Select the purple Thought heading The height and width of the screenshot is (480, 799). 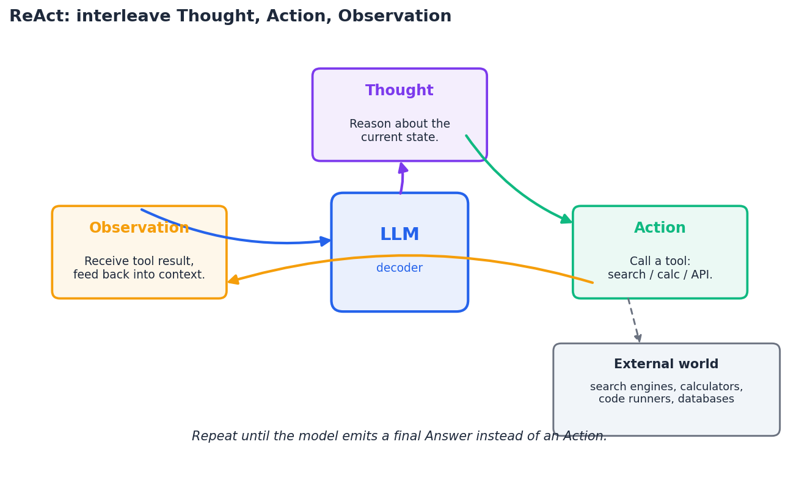click(399, 91)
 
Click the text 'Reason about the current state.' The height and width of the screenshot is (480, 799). click(399, 131)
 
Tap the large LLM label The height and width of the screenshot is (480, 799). click(399, 235)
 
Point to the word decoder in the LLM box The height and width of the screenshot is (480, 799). click(399, 268)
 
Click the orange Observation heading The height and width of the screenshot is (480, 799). click(139, 228)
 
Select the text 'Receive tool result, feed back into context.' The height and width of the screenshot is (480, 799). click(139, 268)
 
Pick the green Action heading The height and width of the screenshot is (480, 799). click(660, 228)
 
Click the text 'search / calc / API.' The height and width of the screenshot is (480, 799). click(660, 275)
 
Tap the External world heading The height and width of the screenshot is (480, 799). click(666, 365)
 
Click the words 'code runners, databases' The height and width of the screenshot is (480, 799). click(666, 399)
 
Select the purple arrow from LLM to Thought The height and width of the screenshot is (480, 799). click(402, 178)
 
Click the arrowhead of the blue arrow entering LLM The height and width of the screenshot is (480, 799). click(326, 241)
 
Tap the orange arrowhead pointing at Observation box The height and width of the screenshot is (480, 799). click(233, 280)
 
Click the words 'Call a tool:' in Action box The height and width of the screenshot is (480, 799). click(660, 261)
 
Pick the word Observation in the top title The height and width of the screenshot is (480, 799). click(395, 16)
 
